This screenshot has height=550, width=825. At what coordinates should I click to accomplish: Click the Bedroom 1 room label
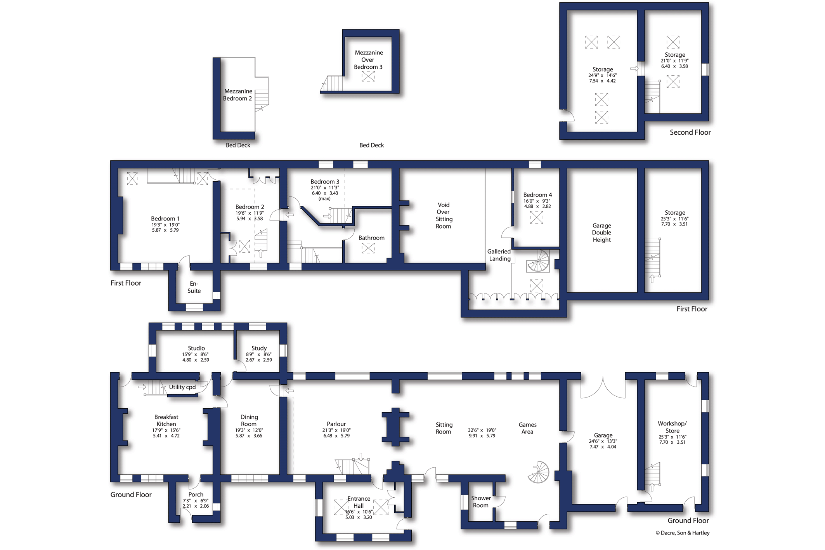(165, 219)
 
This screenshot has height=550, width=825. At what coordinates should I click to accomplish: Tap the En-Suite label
(194, 287)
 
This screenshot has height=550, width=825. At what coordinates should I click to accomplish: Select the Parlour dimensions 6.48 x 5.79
(336, 435)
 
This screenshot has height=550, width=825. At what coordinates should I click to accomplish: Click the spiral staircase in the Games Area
(539, 472)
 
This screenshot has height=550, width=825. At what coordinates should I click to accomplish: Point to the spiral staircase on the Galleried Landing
(538, 261)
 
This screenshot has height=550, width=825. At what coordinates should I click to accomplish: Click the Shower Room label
(481, 501)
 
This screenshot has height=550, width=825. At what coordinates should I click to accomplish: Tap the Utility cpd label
(182, 387)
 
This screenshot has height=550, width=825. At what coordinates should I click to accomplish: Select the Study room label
(259, 348)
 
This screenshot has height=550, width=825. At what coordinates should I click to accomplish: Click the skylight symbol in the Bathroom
(368, 248)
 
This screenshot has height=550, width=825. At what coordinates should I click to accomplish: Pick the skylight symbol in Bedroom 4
(537, 217)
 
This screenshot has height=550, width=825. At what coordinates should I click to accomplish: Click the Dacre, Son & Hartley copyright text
(683, 533)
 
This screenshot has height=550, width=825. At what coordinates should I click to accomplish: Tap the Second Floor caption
(690, 132)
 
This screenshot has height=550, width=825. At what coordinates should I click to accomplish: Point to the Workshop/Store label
(672, 427)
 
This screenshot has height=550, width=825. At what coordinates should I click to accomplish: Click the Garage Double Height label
(601, 232)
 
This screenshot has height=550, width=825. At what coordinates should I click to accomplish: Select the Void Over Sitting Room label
(444, 215)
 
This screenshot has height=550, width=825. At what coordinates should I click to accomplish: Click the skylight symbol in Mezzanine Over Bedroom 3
(368, 76)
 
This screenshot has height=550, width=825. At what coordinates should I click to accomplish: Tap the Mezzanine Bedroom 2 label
(238, 95)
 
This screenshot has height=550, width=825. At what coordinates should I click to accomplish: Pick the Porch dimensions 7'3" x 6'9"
(196, 501)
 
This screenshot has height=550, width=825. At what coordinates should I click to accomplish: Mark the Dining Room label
(249, 420)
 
